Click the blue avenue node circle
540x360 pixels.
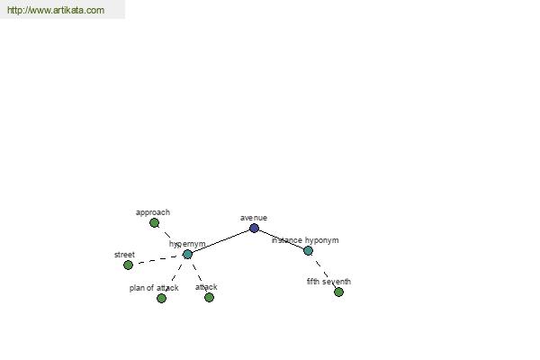[x=254, y=228]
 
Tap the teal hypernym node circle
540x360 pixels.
[x=188, y=254]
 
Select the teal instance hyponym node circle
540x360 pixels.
[x=308, y=250]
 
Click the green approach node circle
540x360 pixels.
[x=154, y=223]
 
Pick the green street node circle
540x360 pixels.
[x=128, y=265]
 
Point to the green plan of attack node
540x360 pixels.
[x=161, y=298]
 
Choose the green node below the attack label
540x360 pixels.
[x=209, y=297]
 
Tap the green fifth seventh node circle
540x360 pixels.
[x=339, y=292]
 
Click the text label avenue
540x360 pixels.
[x=254, y=218]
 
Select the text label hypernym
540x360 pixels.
[x=187, y=244]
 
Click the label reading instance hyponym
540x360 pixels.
[x=305, y=240]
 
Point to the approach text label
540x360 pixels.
[x=153, y=212]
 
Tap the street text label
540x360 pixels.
[x=124, y=255]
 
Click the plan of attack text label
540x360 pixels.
[x=154, y=288]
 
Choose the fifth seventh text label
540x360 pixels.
[x=328, y=282]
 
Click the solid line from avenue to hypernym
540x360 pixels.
[x=220, y=241]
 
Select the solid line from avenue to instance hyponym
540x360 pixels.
[x=281, y=239]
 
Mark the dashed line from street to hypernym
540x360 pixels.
[x=157, y=260]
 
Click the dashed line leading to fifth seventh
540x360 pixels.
[x=324, y=271]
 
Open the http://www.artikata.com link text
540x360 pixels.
[x=56, y=10]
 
